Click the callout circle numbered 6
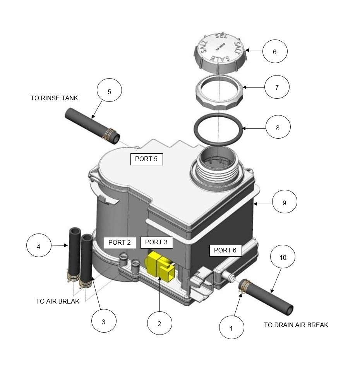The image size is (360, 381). [275, 51]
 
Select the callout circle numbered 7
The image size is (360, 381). [277, 88]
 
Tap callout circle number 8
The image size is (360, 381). [278, 127]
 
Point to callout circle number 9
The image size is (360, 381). [285, 203]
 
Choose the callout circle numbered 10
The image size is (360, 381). [283, 257]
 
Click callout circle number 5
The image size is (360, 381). [109, 91]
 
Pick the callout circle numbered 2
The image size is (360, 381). [159, 324]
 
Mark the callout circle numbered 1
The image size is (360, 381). [231, 328]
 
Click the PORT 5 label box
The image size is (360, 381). [146, 159]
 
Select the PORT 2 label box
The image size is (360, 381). [120, 243]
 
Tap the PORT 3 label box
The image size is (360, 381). [156, 242]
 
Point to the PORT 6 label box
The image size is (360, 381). [225, 251]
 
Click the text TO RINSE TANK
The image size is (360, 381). [54, 98]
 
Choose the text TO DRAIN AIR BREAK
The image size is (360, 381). [296, 325]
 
